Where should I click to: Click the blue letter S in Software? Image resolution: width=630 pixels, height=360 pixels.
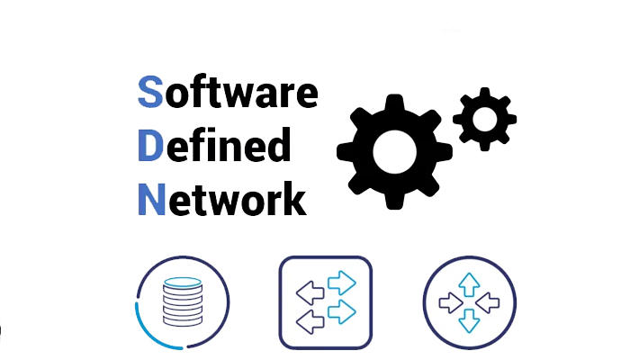[150, 92]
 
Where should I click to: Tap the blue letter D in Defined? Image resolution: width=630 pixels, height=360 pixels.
[150, 145]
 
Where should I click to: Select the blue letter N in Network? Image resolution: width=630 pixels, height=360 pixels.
[151, 199]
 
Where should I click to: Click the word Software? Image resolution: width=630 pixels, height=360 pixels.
[228, 91]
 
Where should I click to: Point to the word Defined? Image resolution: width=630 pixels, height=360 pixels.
[214, 145]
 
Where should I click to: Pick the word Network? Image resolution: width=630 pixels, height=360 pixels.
[222, 199]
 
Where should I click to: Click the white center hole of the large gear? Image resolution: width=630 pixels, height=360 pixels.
[394, 152]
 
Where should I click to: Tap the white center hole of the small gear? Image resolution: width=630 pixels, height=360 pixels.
[484, 120]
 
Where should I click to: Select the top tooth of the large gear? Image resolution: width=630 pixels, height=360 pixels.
[394, 103]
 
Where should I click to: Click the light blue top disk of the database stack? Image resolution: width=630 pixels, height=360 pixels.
[183, 283]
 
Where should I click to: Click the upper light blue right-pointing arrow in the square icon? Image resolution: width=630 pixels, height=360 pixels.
[342, 283]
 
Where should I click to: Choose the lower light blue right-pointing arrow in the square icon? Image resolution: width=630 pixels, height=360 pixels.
[342, 311]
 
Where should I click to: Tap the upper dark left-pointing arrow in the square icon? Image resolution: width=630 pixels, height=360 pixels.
[310, 292]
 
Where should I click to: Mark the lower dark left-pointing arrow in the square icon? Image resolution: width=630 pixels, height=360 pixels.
[310, 322]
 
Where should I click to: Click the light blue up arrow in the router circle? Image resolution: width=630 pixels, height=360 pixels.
[469, 284]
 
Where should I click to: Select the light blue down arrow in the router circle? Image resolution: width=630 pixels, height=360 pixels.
[469, 320]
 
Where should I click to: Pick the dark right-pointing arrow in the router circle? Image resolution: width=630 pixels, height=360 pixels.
[451, 302]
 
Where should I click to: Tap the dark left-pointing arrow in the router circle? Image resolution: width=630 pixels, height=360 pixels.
[488, 302]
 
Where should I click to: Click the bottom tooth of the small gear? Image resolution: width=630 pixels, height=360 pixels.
[484, 146]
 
